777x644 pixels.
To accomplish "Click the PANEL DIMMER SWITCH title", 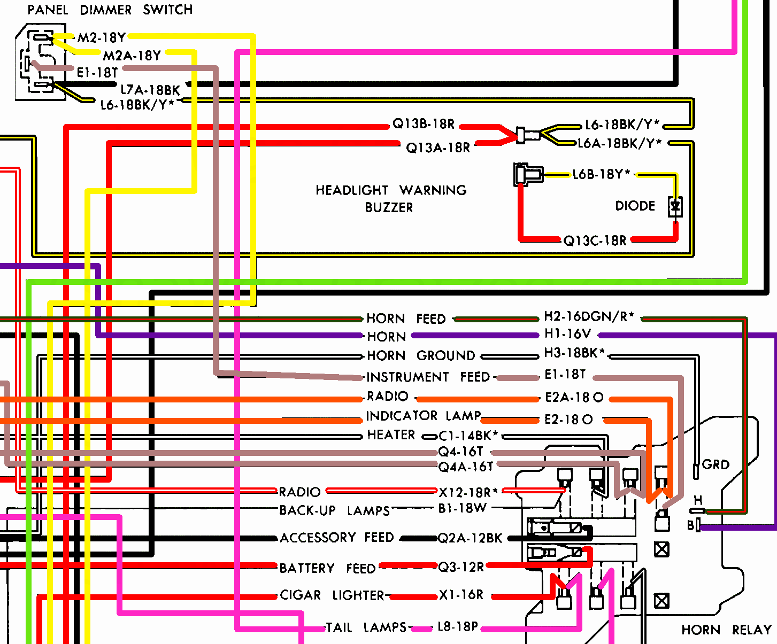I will (110, 10).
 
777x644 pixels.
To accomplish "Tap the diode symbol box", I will (675, 206).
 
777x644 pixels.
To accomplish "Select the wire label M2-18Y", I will (102, 37).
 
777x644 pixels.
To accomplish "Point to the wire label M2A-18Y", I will (132, 56).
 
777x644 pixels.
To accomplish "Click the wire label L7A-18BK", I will (150, 90).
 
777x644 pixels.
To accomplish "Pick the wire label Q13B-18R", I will (424, 124).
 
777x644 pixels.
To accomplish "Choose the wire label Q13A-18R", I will (438, 148).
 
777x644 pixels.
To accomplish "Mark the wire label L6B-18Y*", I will (602, 174).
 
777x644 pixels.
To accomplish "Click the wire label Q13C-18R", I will (595, 240).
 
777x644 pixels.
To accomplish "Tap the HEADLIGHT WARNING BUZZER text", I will (391, 198).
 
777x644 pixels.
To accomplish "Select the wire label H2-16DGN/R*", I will (589, 316).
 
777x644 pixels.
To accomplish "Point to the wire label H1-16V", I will (567, 334).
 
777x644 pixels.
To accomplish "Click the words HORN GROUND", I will (421, 355).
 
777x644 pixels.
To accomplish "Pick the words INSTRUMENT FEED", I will (428, 377).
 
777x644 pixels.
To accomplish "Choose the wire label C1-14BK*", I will (468, 436).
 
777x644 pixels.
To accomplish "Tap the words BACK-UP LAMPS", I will (335, 510).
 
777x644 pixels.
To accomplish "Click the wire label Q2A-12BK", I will (470, 538).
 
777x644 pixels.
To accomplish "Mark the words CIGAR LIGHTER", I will (332, 595).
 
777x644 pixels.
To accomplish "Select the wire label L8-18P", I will (457, 627).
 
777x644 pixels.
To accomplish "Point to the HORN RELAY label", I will (726, 630).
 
